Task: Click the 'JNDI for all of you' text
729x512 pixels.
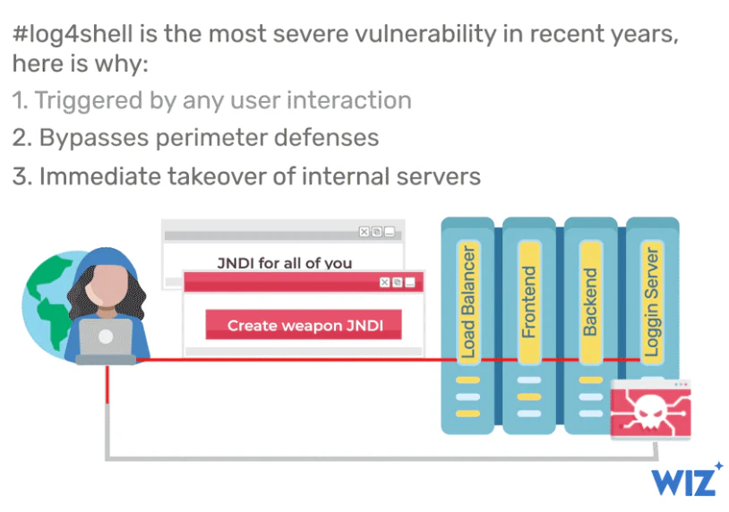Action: tap(285, 263)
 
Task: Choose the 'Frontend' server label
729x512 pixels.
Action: tap(529, 303)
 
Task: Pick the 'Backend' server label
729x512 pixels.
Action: tap(590, 303)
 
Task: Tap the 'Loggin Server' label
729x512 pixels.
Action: tap(652, 303)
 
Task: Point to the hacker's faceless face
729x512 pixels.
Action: tap(107, 285)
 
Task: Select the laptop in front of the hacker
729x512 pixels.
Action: tap(106, 341)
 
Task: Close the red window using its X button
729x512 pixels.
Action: tap(385, 282)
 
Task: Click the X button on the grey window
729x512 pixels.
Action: tap(364, 232)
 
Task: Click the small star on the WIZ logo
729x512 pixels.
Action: tap(718, 466)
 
